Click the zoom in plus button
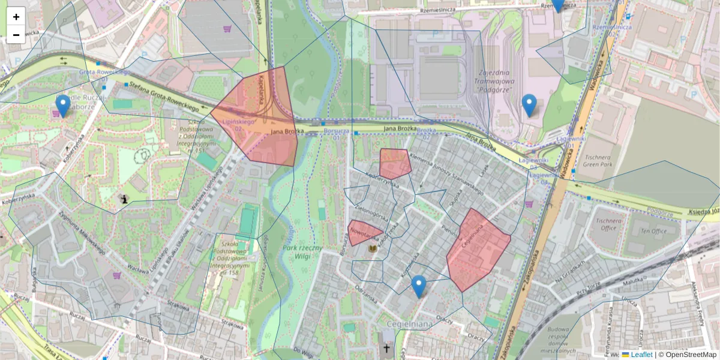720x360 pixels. (16, 17)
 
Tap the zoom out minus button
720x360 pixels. (16, 34)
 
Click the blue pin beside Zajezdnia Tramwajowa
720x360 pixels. (529, 104)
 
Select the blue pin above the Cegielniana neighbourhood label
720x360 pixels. (419, 286)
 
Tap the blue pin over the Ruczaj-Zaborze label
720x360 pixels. (62, 105)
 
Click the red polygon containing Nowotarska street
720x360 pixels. (362, 233)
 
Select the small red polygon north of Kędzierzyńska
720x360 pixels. (395, 163)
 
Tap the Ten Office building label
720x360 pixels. (653, 231)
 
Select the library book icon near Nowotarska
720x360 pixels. (373, 248)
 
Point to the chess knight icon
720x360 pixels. (124, 199)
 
